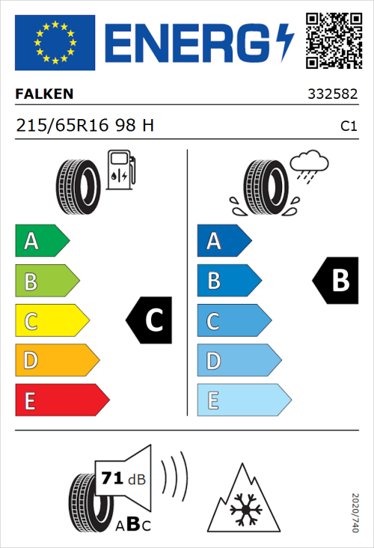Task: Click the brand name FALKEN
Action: (45, 95)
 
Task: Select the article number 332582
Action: (333, 95)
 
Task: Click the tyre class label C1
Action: (348, 127)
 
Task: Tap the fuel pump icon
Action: (120, 170)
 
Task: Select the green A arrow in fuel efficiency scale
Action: (41, 241)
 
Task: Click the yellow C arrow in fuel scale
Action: (51, 321)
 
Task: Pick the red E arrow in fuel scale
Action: (61, 401)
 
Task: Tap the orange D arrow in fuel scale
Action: (56, 361)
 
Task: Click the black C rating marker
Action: (150, 320)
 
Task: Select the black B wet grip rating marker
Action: (334, 281)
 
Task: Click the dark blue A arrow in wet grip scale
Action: (223, 241)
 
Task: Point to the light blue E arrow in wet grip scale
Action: (243, 401)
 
